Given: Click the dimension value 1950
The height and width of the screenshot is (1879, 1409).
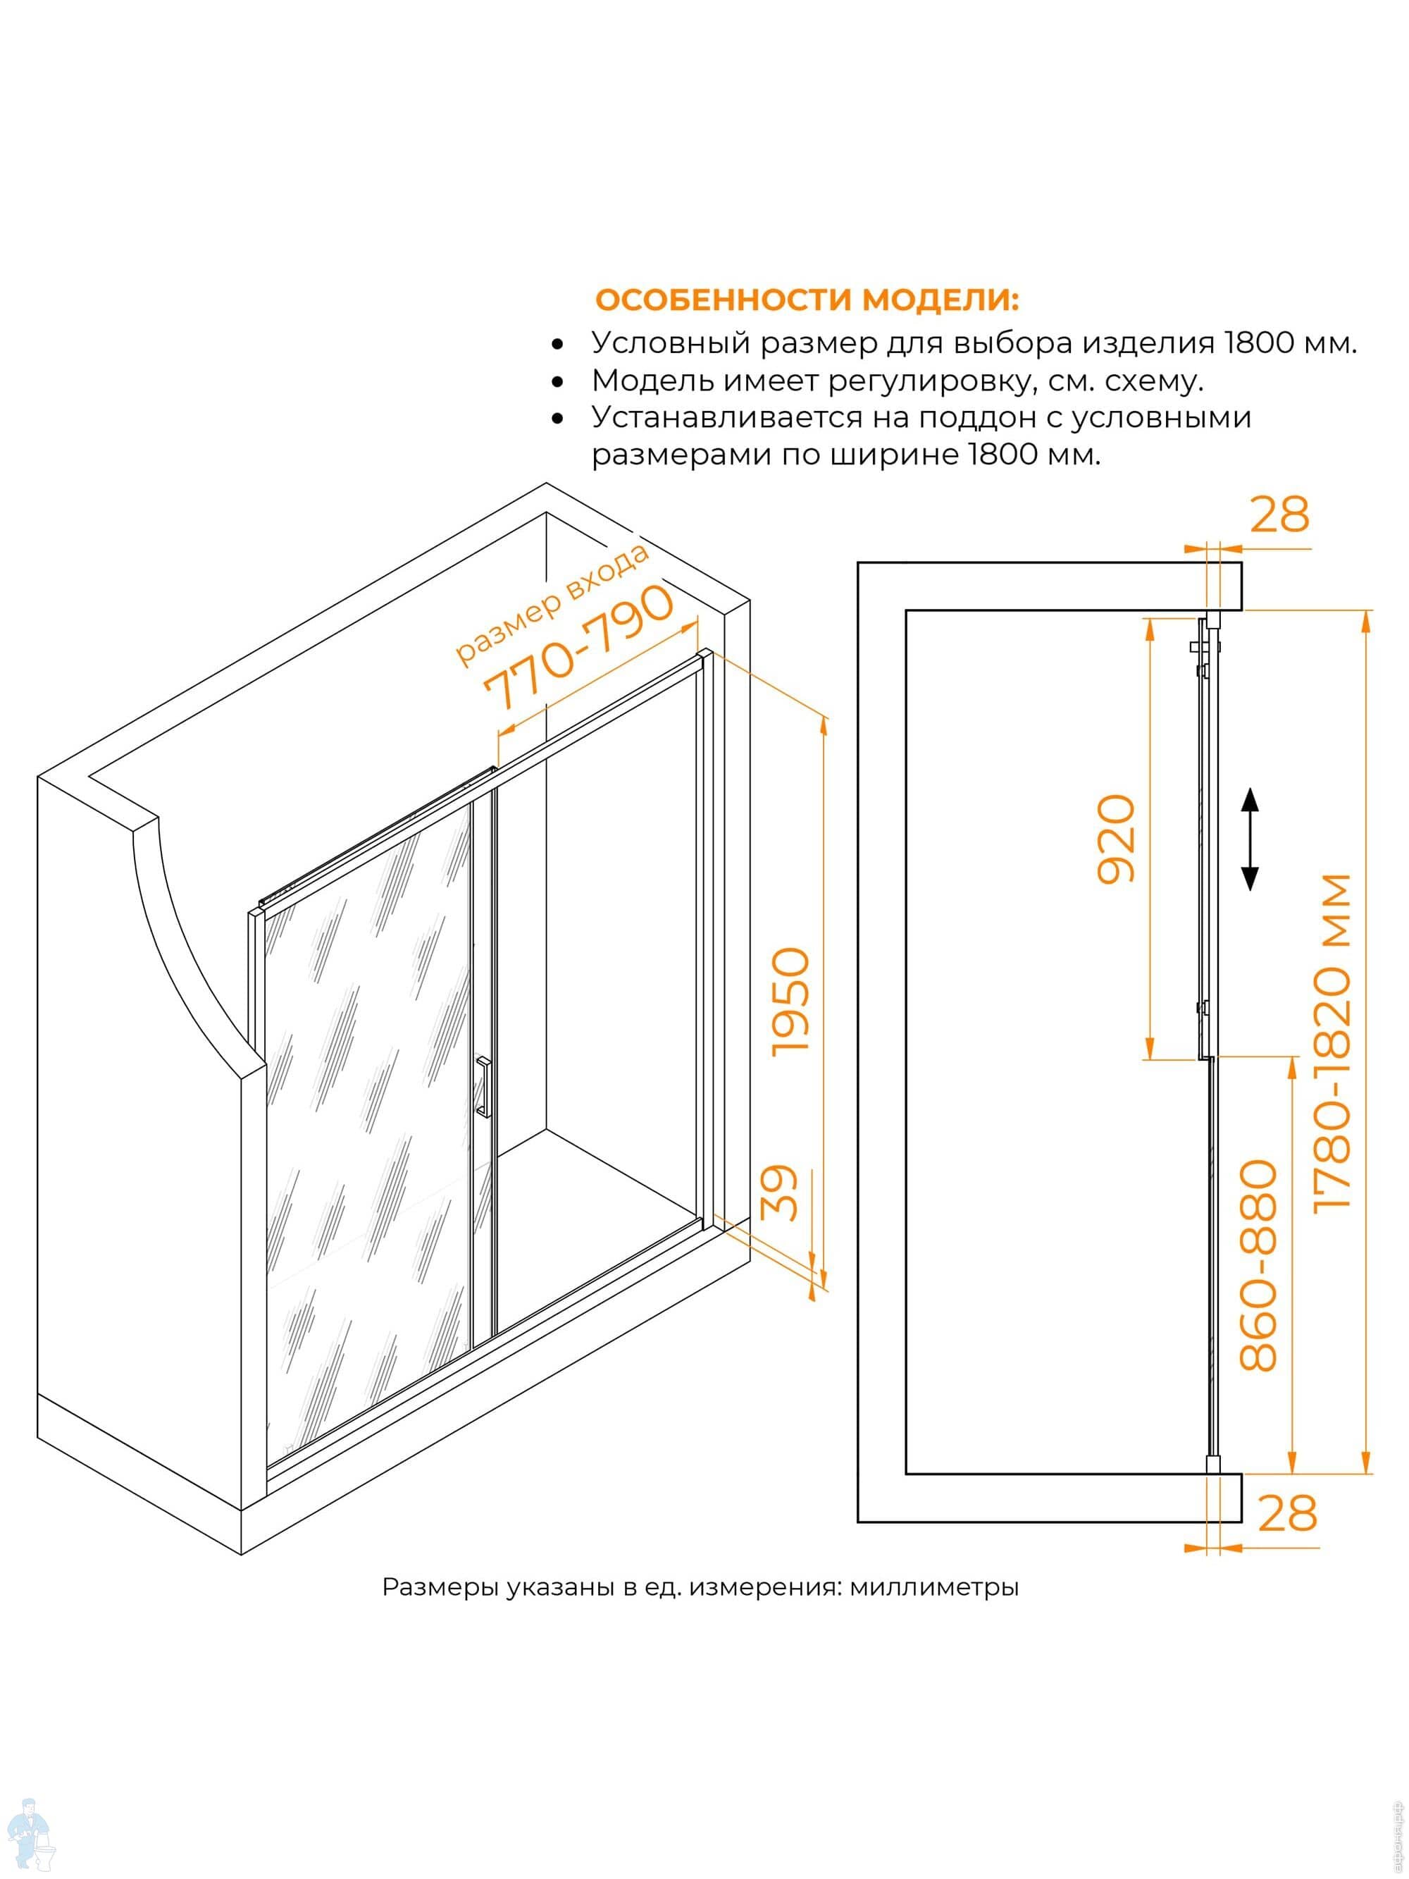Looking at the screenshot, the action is (x=790, y=1002).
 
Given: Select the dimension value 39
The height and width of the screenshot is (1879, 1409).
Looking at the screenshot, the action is (x=780, y=1192).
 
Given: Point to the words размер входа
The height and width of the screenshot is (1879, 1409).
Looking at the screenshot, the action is (x=553, y=605).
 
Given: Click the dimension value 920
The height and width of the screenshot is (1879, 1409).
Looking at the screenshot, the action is (x=1116, y=839).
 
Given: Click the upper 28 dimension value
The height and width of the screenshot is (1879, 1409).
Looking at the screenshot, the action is (x=1279, y=515).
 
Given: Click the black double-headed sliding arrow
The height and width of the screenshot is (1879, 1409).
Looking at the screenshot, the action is (x=1249, y=839).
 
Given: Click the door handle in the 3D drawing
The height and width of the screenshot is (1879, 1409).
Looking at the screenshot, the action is (x=483, y=1087).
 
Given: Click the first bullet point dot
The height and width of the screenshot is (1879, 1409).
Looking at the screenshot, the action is (x=557, y=345).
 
